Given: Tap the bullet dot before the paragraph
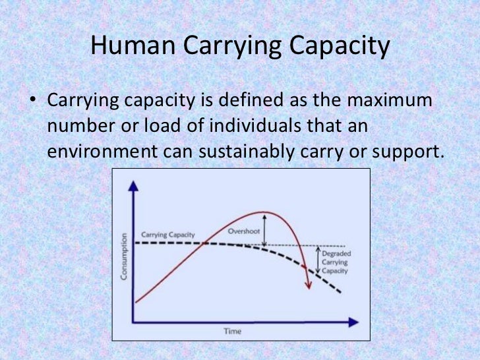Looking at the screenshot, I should [30, 103].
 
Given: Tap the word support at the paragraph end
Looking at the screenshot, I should [405, 152].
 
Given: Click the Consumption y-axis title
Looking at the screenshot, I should [125, 257].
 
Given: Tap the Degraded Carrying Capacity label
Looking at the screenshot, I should [336, 262].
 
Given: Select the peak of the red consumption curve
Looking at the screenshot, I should [264, 212].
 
